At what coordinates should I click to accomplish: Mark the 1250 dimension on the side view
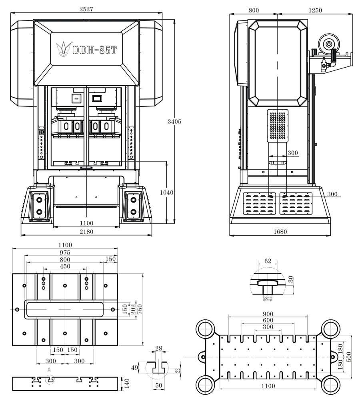pyautogui.click(x=316, y=10)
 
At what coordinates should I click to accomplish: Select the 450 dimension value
pyautogui.click(x=65, y=266)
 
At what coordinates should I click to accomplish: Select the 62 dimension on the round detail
pyautogui.click(x=268, y=261)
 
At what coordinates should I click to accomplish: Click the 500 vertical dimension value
pyautogui.click(x=348, y=356)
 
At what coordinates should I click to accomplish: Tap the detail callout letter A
pyautogui.click(x=49, y=370)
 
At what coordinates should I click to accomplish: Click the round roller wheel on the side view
pyautogui.click(x=329, y=43)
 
